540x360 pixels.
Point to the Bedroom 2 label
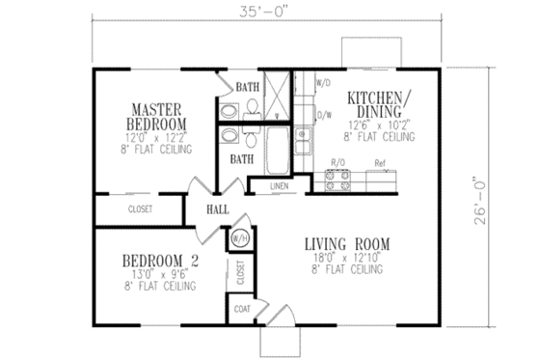point(159,261)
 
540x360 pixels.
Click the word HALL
point(216,206)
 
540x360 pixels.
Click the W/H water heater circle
point(237,236)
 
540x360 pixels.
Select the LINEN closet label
point(279,184)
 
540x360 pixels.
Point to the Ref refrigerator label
point(380,165)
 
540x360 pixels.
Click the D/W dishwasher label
point(323,115)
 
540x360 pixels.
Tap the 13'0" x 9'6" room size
point(159,274)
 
